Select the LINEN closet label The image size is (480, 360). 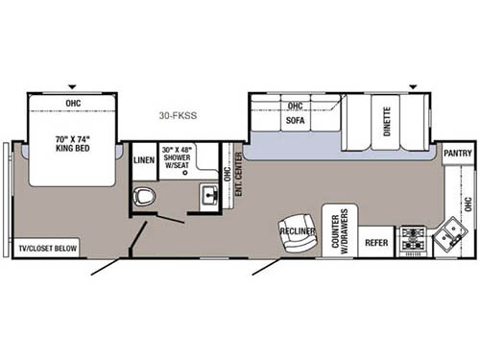click(x=144, y=160)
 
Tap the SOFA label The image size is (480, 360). click(x=294, y=122)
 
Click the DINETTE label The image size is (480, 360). click(x=387, y=122)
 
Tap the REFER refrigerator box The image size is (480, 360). click(x=375, y=243)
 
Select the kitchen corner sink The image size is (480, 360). click(x=447, y=236)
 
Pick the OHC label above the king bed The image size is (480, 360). click(x=73, y=102)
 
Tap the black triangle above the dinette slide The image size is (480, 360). click(x=414, y=88)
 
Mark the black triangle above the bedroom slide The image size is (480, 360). click(x=72, y=88)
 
